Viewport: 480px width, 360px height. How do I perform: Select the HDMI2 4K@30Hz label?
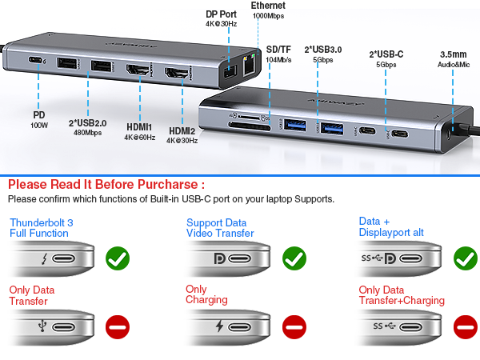[x=182, y=135]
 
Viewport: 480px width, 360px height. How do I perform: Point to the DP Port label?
[x=222, y=18]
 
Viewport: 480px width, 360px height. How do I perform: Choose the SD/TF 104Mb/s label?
[x=278, y=54]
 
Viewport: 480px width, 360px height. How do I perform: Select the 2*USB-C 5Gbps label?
[x=386, y=58]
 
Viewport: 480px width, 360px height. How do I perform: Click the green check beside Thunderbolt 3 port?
[x=118, y=258]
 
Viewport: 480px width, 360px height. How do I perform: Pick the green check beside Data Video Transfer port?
[x=294, y=258]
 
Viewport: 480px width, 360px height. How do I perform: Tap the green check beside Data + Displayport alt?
[x=465, y=258]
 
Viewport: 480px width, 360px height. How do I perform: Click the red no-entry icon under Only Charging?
[x=294, y=326]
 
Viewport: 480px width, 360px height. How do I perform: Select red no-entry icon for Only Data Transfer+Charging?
[x=465, y=326]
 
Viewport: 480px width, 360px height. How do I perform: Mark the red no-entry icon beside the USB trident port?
[x=118, y=326]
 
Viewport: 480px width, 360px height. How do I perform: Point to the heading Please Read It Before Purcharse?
[x=100, y=184]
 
